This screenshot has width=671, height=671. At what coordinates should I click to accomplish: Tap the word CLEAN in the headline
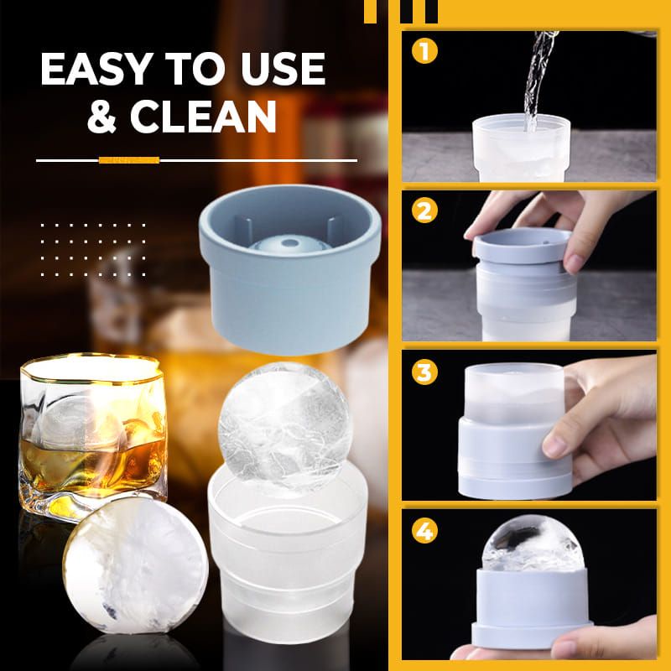[205, 117]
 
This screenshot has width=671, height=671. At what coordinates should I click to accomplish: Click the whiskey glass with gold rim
[92, 436]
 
